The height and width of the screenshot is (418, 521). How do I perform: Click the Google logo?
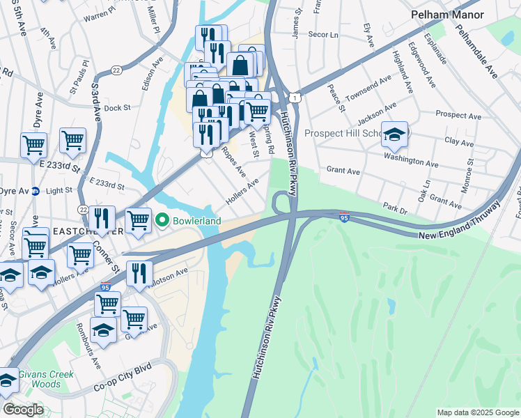click(x=23, y=410)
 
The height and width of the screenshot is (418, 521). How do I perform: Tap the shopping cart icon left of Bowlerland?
click(x=138, y=220)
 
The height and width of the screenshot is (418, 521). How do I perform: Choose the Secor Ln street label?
click(x=323, y=34)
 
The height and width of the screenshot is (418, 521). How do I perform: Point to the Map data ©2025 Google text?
click(x=477, y=412)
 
